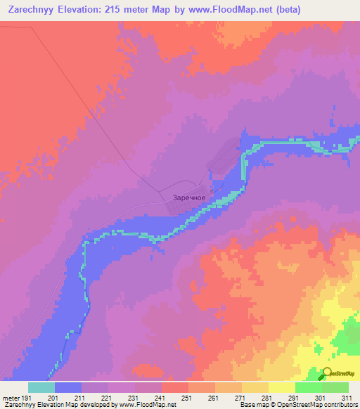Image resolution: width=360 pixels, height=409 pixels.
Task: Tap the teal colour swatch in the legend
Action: [41, 387]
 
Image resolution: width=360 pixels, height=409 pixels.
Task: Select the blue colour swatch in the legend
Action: [68, 387]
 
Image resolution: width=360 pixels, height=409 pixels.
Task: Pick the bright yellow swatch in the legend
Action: [282, 387]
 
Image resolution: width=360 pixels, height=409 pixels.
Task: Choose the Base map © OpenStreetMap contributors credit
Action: [298, 405]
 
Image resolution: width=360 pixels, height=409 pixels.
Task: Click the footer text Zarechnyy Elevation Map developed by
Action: [59, 405]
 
